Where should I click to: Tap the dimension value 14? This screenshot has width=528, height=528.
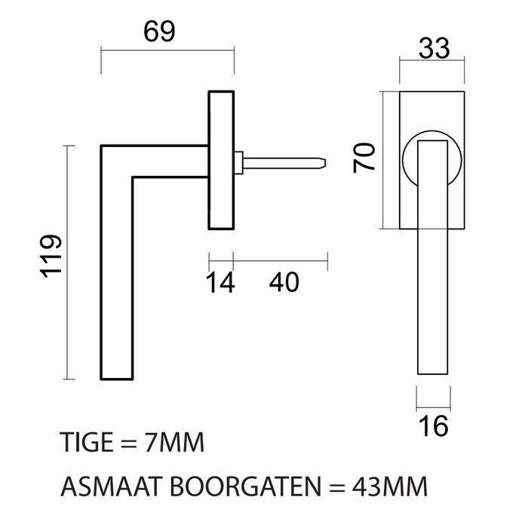click(221, 283)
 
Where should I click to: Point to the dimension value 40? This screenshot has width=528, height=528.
click(284, 283)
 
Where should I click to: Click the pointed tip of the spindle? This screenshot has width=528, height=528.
click(326, 161)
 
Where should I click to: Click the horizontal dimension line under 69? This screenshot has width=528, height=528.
click(167, 51)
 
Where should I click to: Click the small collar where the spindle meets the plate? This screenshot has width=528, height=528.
click(238, 161)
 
